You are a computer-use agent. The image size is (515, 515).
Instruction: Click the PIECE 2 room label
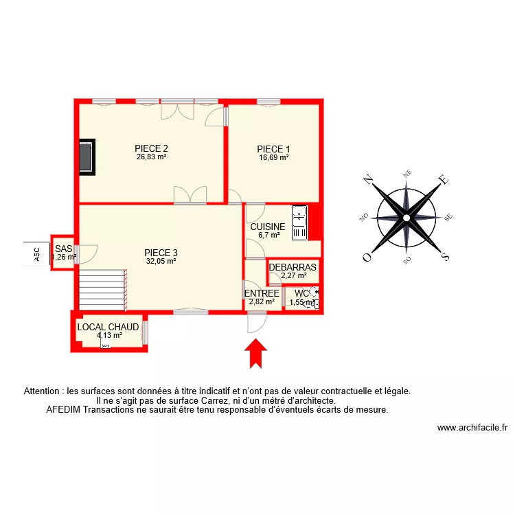point(152,148)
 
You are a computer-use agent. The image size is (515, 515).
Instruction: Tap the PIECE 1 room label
point(273,149)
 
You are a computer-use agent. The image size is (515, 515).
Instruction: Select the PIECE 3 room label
point(161,252)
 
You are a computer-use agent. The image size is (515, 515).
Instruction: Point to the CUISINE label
point(268,227)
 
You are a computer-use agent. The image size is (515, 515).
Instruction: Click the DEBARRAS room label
point(293,267)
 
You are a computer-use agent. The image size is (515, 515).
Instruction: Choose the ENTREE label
point(262,293)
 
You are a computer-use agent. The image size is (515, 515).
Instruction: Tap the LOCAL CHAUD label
point(108,327)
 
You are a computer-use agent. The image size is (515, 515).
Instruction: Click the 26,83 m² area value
point(152,157)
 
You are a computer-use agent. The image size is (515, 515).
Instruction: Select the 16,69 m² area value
point(273,157)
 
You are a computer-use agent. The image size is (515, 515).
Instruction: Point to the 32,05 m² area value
point(161,261)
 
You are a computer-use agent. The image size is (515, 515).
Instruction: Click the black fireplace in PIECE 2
point(87,156)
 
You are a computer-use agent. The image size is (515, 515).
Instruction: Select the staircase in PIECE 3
point(102,289)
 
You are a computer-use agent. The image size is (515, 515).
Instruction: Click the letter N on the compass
point(368,181)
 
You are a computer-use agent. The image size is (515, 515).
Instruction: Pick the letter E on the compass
point(444,180)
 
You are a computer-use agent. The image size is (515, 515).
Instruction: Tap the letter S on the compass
point(445,257)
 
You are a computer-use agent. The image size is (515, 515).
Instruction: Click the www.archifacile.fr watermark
point(472,427)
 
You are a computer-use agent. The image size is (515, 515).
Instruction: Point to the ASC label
point(38,254)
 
